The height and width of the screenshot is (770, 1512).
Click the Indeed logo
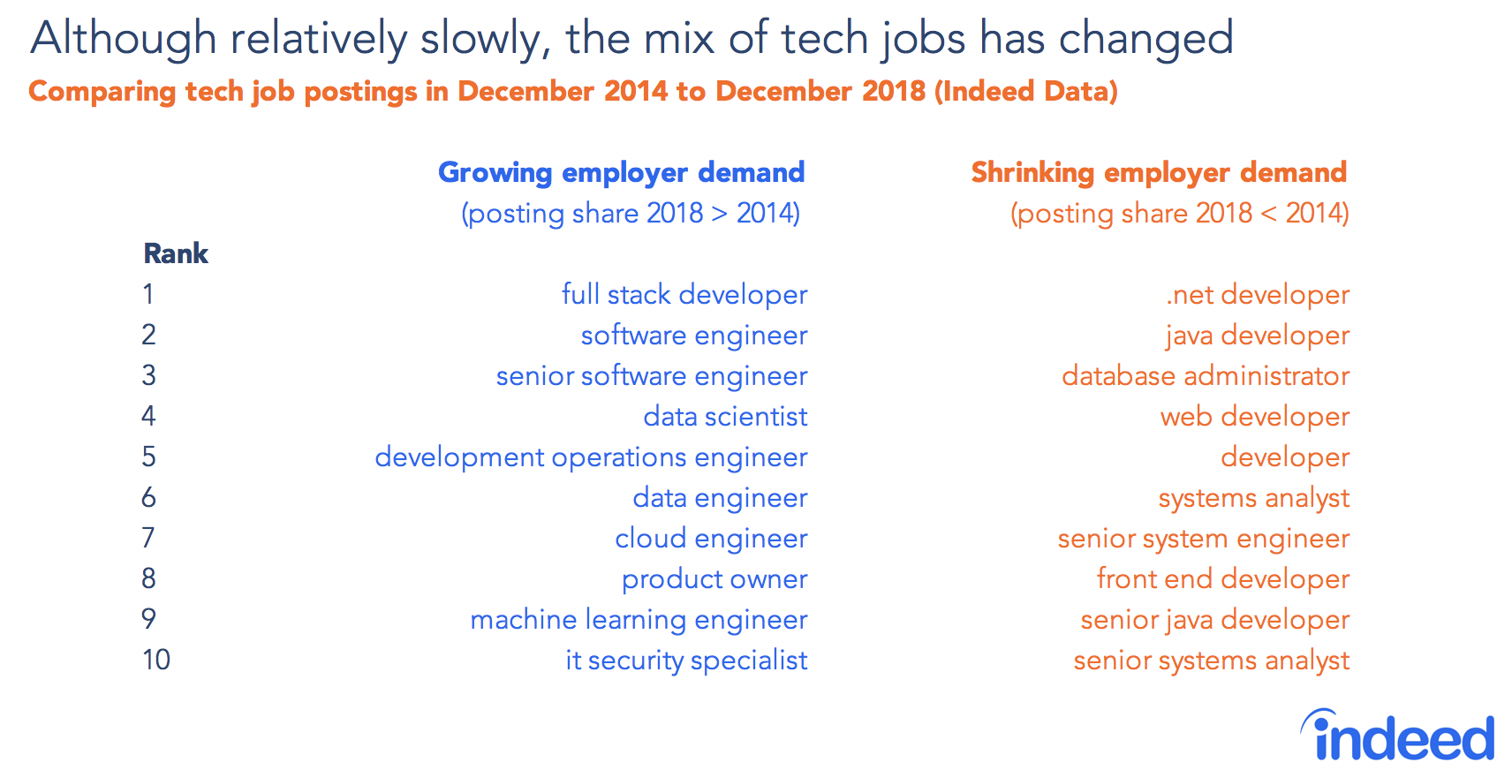[1397, 736]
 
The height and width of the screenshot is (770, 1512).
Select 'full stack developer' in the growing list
[684, 295]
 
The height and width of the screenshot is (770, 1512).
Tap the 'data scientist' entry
[724, 417]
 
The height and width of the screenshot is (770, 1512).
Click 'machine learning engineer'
[638, 620]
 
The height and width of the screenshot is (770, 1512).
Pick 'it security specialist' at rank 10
[685, 661]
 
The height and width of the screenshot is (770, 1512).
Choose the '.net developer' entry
[1257, 295]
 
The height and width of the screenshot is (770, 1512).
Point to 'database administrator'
[1205, 376]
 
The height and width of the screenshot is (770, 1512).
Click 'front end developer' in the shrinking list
[1222, 579]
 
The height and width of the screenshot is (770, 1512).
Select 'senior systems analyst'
[1211, 661]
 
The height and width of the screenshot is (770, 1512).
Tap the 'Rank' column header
[176, 254]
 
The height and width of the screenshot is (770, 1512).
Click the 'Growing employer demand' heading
[621, 172]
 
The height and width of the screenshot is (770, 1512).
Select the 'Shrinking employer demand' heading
[1159, 172]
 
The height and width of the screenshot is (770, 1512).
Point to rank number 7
[148, 538]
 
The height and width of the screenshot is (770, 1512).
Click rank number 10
[156, 660]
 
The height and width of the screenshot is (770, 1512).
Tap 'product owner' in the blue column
[714, 579]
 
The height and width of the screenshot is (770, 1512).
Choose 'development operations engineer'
[590, 457]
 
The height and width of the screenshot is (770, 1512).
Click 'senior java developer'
[1214, 620]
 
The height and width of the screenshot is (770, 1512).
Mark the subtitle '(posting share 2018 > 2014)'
[631, 214]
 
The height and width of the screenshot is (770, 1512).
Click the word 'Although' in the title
[124, 40]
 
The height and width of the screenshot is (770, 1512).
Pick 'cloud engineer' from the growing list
[710, 539]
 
